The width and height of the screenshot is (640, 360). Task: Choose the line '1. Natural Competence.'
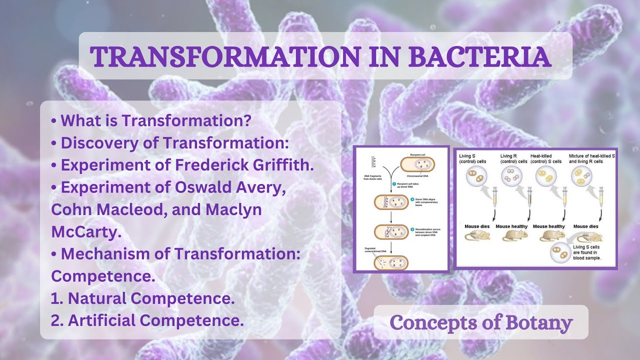click(x=142, y=298)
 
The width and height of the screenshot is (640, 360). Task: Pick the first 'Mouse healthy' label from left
click(x=511, y=226)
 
